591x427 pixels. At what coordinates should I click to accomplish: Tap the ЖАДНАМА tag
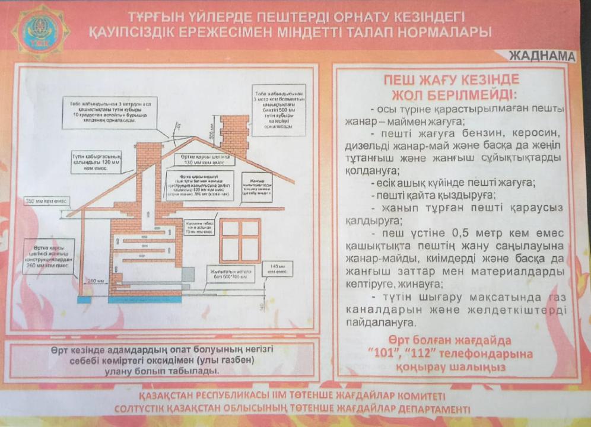[x=541, y=56]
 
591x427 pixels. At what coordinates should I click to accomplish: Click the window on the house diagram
[x=240, y=241]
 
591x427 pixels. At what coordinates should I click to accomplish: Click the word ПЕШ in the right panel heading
[x=401, y=79]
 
